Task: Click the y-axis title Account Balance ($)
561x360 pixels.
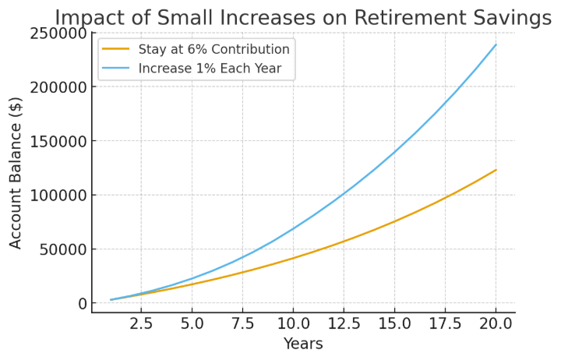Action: point(16,172)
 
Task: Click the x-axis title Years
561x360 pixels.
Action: point(303,344)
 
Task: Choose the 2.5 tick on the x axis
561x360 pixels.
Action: point(141,323)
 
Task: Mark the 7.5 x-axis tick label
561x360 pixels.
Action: point(242,323)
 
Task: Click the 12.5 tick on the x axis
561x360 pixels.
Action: point(344,323)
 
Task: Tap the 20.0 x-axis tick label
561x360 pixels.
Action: point(496,323)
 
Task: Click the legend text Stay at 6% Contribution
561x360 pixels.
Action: point(213,50)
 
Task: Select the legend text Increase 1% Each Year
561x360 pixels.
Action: point(210,69)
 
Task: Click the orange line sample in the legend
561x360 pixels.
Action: point(116,50)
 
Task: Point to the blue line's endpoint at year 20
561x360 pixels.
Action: point(496,44)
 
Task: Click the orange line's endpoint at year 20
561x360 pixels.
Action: point(496,170)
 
